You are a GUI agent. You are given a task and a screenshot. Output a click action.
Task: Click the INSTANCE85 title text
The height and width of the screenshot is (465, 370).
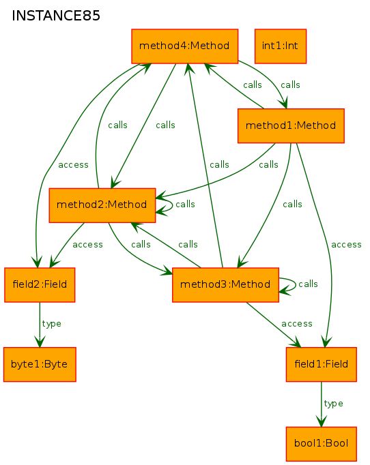tap(56, 16)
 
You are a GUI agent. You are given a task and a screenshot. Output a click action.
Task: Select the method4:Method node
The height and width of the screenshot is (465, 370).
tap(185, 46)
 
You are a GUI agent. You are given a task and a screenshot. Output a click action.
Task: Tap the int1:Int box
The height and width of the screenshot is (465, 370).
tap(281, 46)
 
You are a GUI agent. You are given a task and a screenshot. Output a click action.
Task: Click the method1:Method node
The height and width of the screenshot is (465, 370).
tap(291, 125)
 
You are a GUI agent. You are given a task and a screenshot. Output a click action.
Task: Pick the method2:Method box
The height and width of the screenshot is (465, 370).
tap(102, 205)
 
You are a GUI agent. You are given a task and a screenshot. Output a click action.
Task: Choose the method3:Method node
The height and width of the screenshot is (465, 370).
tap(225, 285)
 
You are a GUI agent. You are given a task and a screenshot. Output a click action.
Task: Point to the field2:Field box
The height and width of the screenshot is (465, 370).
tap(40, 285)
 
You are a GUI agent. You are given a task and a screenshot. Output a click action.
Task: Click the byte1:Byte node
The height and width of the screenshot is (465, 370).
tap(40, 364)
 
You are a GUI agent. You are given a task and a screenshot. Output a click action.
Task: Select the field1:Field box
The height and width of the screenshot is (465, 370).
tap(322, 364)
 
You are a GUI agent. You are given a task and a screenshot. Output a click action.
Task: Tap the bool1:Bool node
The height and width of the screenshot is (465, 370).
tap(322, 444)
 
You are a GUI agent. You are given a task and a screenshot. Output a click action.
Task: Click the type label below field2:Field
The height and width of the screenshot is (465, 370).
tap(52, 324)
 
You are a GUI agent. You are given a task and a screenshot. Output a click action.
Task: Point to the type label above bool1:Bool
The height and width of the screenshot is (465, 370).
tap(333, 404)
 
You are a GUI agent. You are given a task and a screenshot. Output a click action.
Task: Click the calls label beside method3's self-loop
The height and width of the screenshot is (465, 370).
tap(308, 284)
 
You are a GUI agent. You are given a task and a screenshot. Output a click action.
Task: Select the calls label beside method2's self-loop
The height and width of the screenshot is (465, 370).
tap(185, 205)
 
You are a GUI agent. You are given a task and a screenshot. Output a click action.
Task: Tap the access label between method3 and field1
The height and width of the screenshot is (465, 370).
tap(297, 324)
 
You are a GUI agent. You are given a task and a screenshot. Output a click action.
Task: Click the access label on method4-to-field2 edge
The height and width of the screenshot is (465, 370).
tap(73, 165)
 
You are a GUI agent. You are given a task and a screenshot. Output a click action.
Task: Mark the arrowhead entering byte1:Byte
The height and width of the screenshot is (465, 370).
tap(40, 342)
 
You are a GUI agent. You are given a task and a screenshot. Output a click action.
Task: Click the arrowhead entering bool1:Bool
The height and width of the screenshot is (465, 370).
tap(322, 421)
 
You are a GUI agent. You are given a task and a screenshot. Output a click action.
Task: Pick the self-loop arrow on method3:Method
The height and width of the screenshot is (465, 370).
tap(296, 285)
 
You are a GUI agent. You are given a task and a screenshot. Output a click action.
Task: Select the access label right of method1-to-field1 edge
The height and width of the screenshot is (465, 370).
tap(346, 245)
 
